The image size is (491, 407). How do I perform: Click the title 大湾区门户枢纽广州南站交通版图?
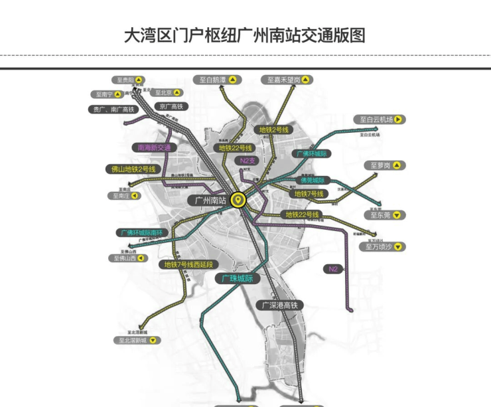245,35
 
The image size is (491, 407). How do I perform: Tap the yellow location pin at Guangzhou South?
238,199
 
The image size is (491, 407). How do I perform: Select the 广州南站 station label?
208,200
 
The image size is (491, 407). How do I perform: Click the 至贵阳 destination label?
130,80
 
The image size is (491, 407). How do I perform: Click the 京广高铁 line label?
171,106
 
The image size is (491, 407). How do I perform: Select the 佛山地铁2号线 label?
132,169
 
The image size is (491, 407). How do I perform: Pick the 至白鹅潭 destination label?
219,80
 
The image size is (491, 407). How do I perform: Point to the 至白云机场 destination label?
380,120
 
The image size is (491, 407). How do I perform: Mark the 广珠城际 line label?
238,279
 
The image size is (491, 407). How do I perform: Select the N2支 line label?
248,161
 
